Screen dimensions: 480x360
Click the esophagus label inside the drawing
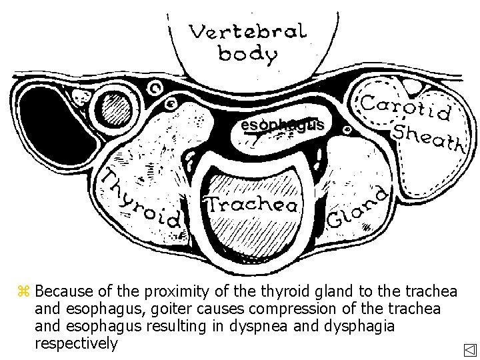click(283, 125)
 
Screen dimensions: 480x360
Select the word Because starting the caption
click(62, 292)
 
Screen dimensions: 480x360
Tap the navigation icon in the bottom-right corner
click(469, 350)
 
